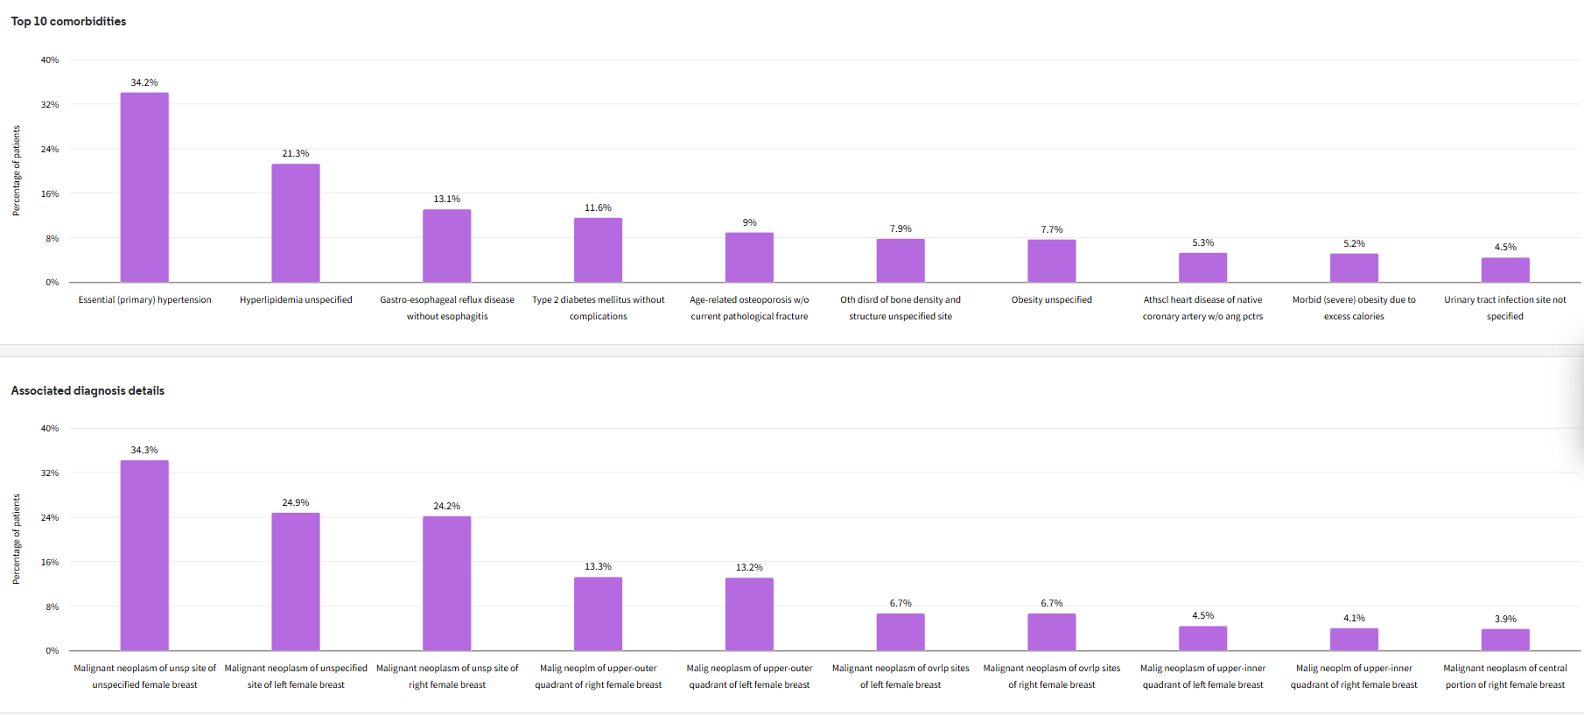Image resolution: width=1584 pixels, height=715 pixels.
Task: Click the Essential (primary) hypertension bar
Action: click(x=144, y=187)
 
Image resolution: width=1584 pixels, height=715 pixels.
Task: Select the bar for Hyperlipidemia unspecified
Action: click(x=296, y=223)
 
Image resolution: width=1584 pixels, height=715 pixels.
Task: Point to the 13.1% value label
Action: click(x=446, y=200)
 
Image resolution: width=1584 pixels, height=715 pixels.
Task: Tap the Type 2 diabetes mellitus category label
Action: click(x=599, y=308)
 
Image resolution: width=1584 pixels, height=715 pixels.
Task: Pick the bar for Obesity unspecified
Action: click(x=1052, y=261)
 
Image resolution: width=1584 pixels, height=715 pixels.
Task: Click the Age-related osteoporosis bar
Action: click(x=749, y=257)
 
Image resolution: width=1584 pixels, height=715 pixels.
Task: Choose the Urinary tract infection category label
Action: click(x=1505, y=308)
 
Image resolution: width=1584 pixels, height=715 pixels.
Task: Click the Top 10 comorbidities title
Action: click(x=68, y=21)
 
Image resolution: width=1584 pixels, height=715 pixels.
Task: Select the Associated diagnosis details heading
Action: click(x=88, y=390)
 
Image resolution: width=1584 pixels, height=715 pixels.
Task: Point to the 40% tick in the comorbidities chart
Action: click(x=50, y=60)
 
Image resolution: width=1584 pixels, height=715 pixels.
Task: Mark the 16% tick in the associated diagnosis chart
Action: click(x=50, y=562)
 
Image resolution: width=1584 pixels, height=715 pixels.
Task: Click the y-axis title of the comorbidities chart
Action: click(x=16, y=171)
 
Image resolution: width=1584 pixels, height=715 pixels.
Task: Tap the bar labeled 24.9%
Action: click(x=296, y=581)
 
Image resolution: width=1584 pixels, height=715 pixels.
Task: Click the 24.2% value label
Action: click(x=446, y=506)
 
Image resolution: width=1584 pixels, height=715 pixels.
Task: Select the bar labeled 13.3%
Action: click(x=599, y=613)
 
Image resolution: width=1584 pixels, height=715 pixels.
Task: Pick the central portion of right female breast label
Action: click(x=1505, y=676)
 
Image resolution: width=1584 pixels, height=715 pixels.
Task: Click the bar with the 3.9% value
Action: click(x=1505, y=640)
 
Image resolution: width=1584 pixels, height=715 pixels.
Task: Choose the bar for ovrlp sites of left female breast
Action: click(x=901, y=632)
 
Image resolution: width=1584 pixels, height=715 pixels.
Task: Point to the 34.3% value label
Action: click(x=144, y=450)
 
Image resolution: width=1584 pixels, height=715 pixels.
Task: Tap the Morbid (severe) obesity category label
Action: click(x=1354, y=308)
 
